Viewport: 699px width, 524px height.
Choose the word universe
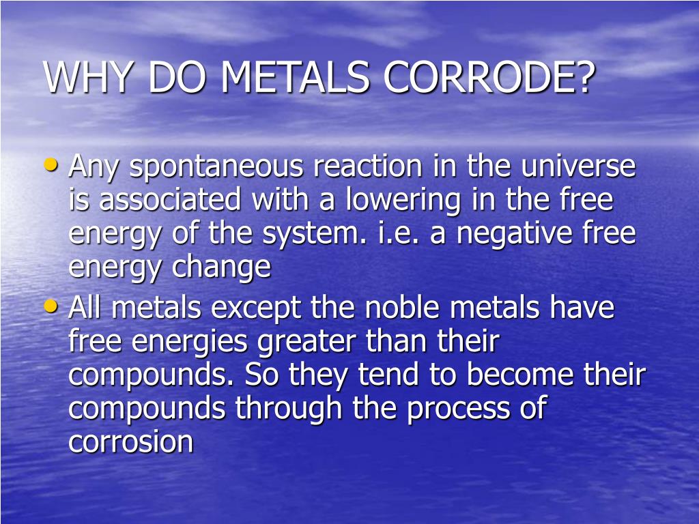tap(578, 166)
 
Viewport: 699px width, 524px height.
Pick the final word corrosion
tap(131, 441)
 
